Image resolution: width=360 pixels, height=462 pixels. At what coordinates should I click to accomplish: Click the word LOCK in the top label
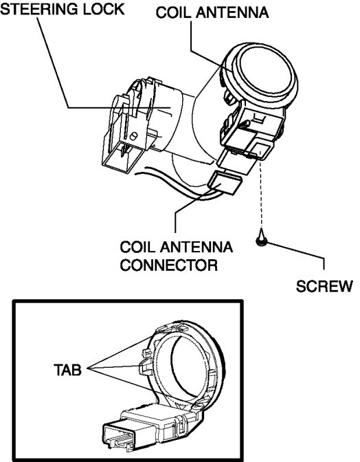pyautogui.click(x=103, y=9)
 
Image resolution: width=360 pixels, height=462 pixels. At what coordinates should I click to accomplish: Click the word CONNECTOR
pyautogui.click(x=169, y=265)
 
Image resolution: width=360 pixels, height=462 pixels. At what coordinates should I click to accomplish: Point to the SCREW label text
pyautogui.click(x=324, y=286)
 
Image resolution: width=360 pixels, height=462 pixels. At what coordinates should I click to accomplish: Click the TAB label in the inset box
pyautogui.click(x=67, y=369)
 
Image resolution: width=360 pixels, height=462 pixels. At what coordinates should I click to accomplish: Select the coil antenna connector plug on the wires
pyautogui.click(x=225, y=183)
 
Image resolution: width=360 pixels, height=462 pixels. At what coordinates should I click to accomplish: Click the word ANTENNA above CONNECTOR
pyautogui.click(x=196, y=247)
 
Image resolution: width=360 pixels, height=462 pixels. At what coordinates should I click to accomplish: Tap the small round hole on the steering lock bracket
pyautogui.click(x=133, y=136)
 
